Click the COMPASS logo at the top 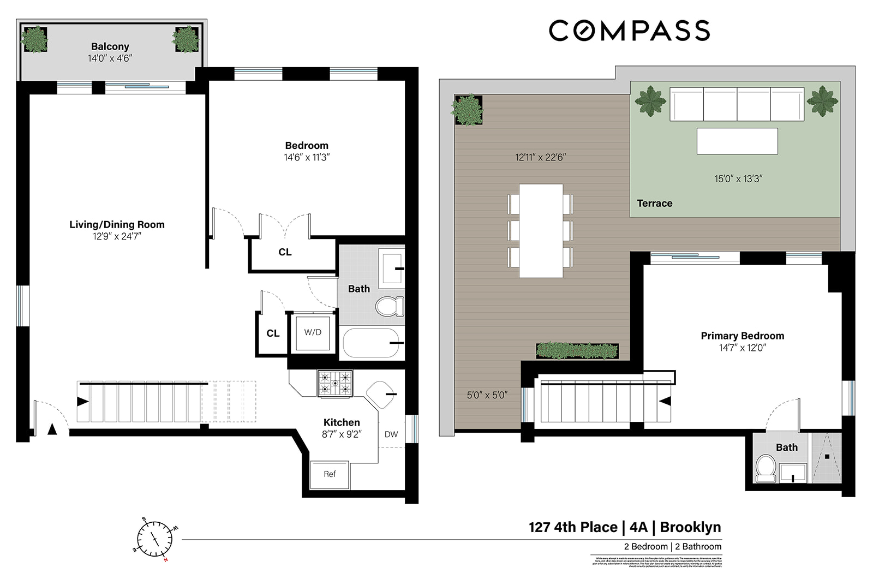(x=629, y=31)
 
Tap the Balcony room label (x=110, y=47)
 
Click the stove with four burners (x=335, y=383)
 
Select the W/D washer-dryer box (x=313, y=332)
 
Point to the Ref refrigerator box (x=330, y=474)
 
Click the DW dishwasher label (x=391, y=434)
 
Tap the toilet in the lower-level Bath (x=390, y=307)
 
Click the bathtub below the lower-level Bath (x=371, y=343)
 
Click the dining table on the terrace (x=541, y=231)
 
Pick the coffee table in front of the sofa (x=737, y=141)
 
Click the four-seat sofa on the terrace (x=737, y=104)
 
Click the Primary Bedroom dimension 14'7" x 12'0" (x=742, y=348)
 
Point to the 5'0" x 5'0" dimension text (x=487, y=395)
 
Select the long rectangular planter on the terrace (x=577, y=350)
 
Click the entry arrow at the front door (x=52, y=429)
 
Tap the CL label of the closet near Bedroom (x=285, y=252)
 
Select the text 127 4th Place (x=573, y=527)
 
